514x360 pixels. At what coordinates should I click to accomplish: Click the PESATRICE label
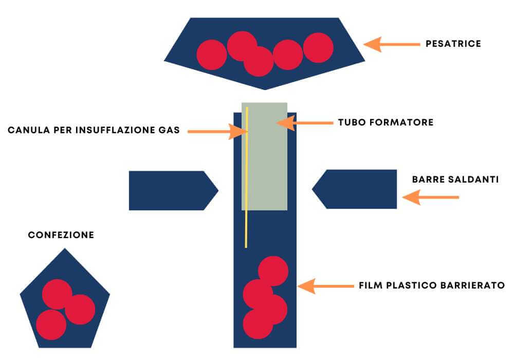[453, 44]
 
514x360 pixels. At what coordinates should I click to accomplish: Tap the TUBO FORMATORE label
[385, 122]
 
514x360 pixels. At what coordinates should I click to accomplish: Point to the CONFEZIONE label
[61, 235]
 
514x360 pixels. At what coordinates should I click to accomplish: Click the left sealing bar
[172, 190]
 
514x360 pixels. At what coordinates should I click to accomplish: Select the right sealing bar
[355, 189]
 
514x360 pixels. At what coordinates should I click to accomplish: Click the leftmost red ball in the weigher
[212, 55]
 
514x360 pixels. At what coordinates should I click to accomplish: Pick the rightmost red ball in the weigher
[318, 47]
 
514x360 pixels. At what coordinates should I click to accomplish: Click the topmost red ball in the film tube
[273, 271]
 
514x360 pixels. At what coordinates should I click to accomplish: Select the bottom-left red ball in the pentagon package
[51, 325]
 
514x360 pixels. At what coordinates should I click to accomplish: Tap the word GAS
[169, 131]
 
